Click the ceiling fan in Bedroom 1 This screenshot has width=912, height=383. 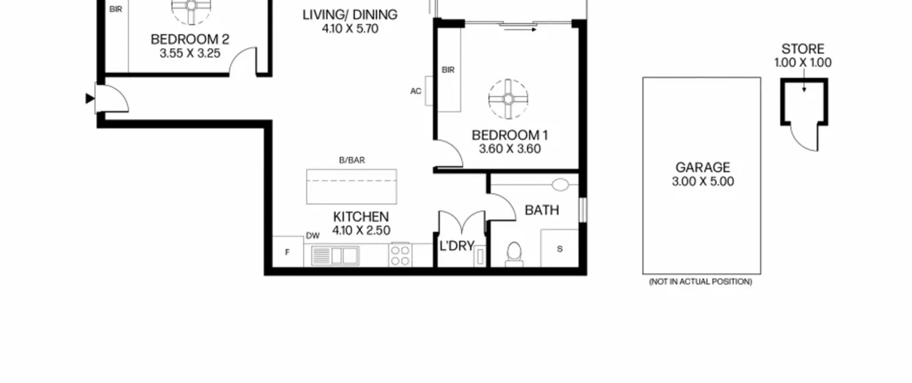pyautogui.click(x=508, y=99)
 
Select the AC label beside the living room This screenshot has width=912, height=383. pyautogui.click(x=416, y=91)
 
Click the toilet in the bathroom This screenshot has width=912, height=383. pyautogui.click(x=514, y=254)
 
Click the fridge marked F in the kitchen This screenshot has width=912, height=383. pyautogui.click(x=288, y=252)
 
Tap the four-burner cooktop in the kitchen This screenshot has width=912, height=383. pyautogui.click(x=400, y=255)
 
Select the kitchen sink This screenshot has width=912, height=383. pyautogui.click(x=335, y=255)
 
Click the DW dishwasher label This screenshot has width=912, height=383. pyautogui.click(x=313, y=236)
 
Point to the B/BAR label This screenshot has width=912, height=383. pyautogui.click(x=352, y=160)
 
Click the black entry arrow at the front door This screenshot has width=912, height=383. pyautogui.click(x=90, y=99)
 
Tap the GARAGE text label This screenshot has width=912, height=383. pyautogui.click(x=703, y=167)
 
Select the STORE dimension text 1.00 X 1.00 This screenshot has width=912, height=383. pyautogui.click(x=803, y=63)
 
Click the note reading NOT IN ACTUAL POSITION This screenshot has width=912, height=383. pyautogui.click(x=700, y=282)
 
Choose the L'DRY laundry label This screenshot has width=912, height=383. pyautogui.click(x=457, y=245)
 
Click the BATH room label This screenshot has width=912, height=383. pyautogui.click(x=542, y=210)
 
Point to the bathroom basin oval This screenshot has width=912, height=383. pyautogui.click(x=560, y=185)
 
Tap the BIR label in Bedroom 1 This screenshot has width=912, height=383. pyautogui.click(x=448, y=70)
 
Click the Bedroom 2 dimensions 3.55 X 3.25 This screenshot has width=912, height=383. pyautogui.click(x=190, y=53)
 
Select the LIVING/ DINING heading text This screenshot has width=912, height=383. pyautogui.click(x=350, y=15)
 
